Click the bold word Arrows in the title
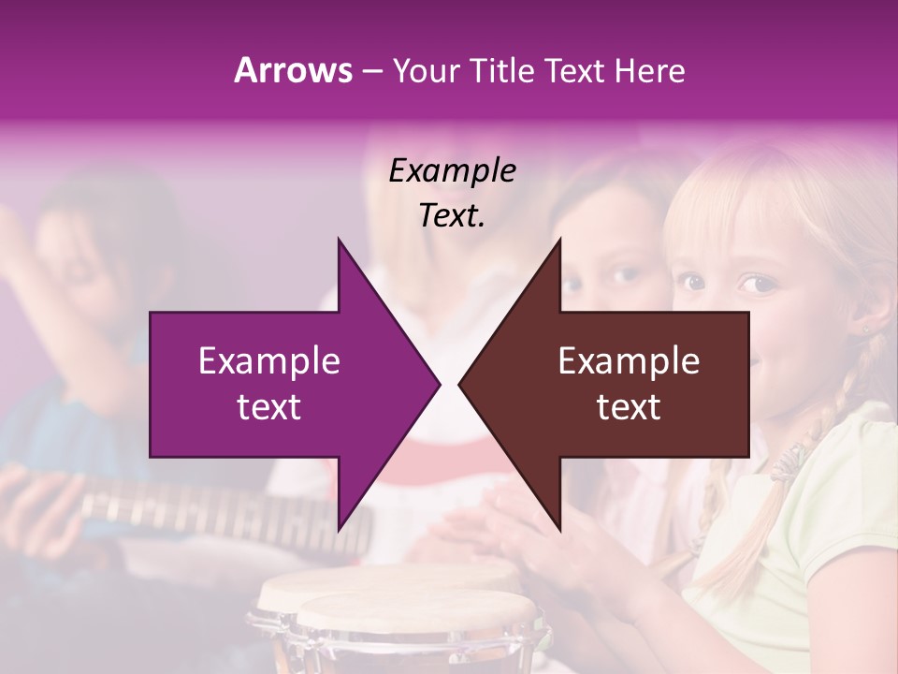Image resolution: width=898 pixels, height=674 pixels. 293,70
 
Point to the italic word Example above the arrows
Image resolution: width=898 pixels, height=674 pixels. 452,170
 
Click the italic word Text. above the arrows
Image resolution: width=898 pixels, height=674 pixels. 452,215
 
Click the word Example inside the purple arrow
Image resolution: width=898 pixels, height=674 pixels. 269,361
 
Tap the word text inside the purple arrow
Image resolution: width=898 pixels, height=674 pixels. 269,407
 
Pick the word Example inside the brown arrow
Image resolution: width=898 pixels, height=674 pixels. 629,361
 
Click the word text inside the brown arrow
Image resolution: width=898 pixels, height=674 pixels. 629,407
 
